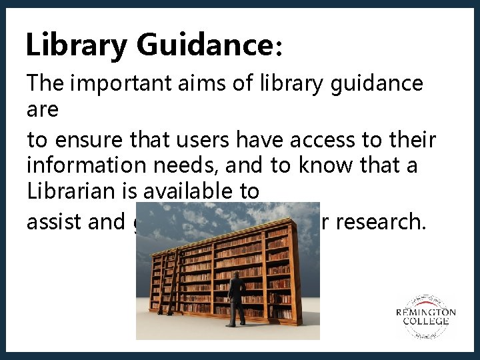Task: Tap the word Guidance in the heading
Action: (x=203, y=45)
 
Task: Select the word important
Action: (x=123, y=85)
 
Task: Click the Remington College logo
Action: (x=425, y=316)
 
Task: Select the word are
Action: (x=42, y=109)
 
